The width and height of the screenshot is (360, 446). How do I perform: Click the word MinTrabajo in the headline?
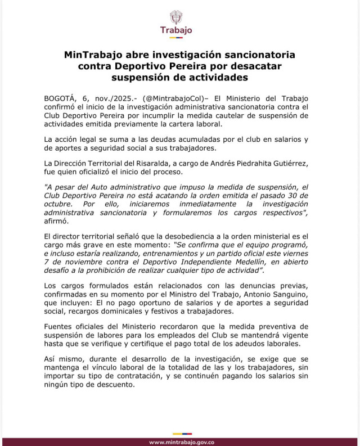click(x=91, y=56)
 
